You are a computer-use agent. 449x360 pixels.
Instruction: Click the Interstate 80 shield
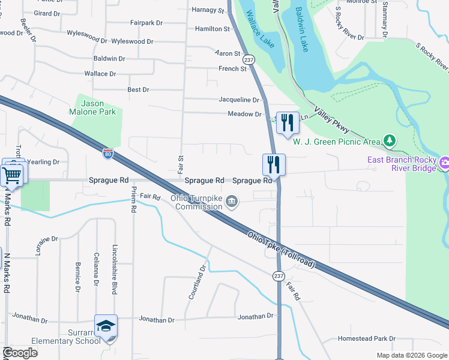107,154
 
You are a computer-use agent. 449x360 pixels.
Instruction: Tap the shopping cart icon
13,175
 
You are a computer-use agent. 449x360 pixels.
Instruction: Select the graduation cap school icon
106,326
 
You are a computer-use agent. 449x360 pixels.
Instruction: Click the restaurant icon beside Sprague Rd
273,164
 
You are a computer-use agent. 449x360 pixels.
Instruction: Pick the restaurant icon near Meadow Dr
287,123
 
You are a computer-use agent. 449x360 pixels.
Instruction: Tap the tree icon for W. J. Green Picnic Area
390,141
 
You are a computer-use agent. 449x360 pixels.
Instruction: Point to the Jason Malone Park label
98,107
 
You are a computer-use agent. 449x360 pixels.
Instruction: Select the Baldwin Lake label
302,29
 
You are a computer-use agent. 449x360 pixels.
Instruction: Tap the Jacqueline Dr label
239,100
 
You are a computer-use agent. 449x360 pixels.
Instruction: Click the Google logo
19,352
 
